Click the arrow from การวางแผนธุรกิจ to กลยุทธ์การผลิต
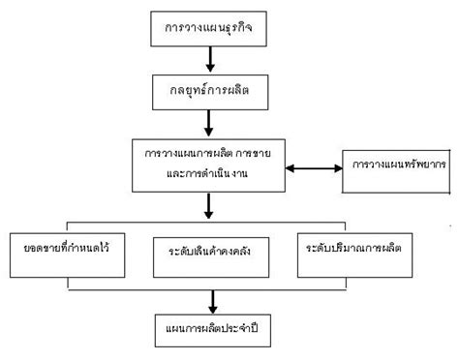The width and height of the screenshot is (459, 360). (210, 60)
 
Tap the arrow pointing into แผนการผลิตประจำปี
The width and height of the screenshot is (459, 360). (210, 299)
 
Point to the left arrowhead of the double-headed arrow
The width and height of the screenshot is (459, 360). (283, 169)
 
